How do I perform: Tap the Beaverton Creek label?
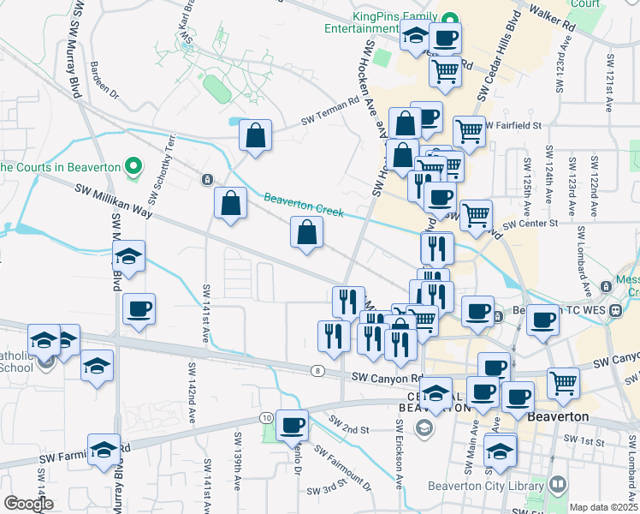pos(303,206)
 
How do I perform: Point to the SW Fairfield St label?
pos(513,125)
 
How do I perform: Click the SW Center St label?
pos(530,224)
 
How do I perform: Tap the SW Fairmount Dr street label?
pos(342,467)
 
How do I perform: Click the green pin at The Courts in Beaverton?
pos(132,164)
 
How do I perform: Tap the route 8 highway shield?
pos(318,369)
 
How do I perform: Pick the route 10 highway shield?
pos(267,417)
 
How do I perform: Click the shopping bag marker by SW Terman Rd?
pos(255,135)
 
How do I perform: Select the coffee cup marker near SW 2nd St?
pos(293,424)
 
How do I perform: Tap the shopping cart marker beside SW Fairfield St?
pos(469,131)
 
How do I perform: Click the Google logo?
pos(28,504)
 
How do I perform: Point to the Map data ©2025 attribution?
pos(602,507)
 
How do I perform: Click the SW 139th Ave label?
pos(237,468)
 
